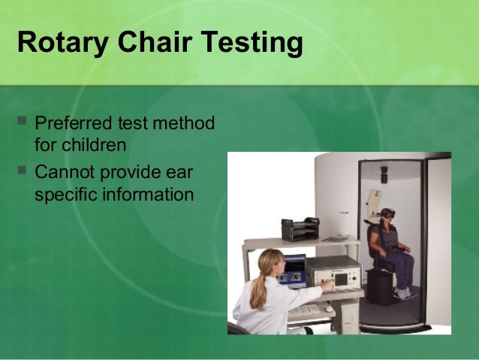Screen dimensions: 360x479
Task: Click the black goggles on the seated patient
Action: click(x=387, y=213)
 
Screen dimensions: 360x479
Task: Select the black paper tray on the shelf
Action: click(x=300, y=228)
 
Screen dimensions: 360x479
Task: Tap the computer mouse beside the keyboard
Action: click(x=329, y=307)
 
